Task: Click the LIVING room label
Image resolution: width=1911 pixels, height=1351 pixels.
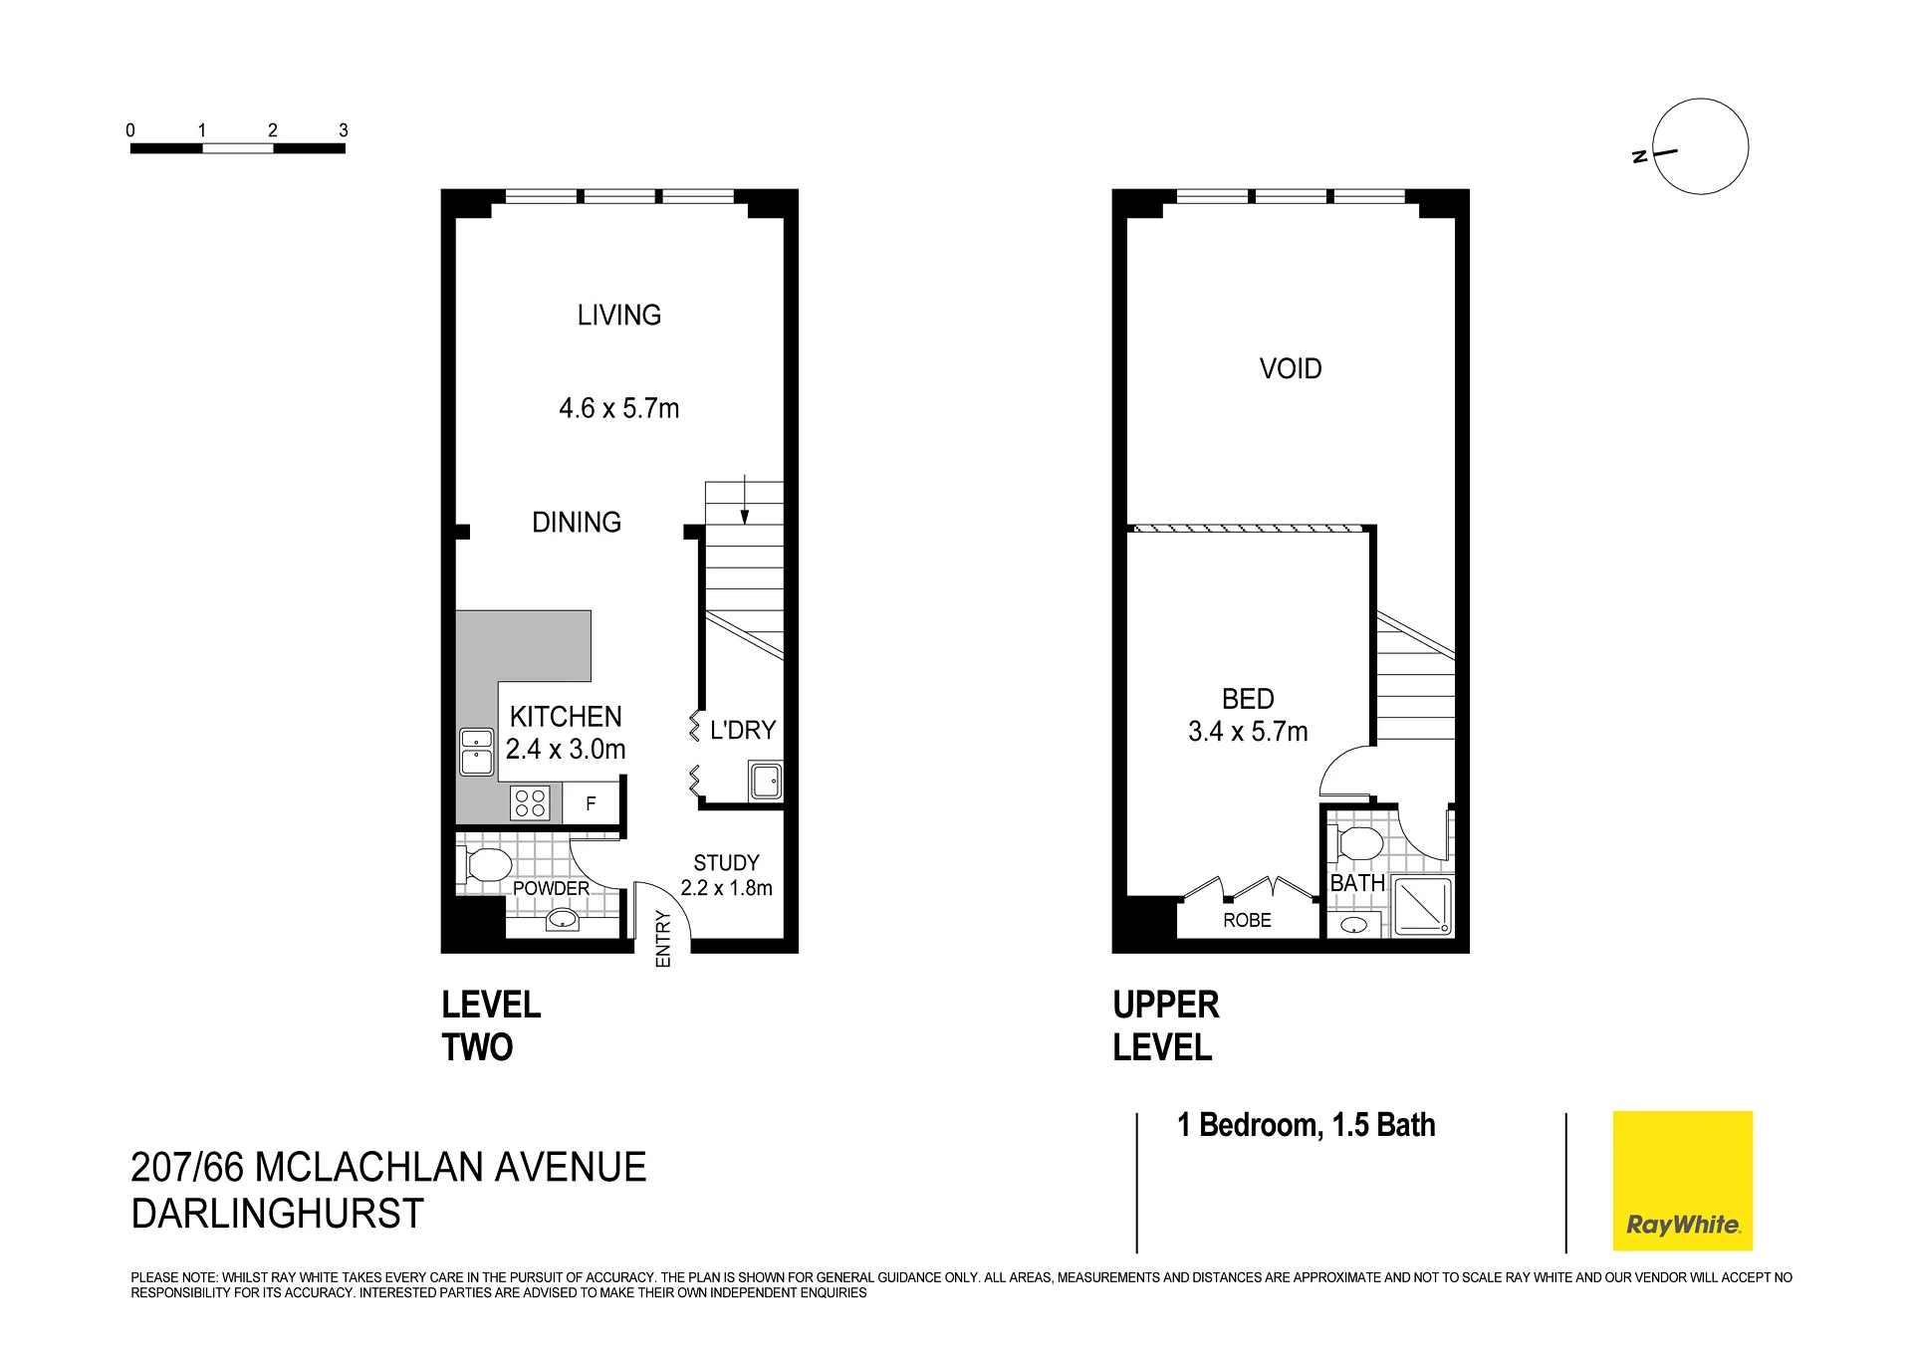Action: click(x=618, y=316)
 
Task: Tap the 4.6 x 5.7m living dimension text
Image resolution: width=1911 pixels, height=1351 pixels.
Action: click(x=618, y=408)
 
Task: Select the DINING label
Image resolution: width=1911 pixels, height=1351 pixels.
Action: click(x=577, y=522)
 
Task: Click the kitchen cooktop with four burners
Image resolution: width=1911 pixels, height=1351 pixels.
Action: click(x=530, y=802)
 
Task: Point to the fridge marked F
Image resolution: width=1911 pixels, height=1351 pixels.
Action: click(x=592, y=803)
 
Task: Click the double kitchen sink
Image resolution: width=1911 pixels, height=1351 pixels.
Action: click(x=476, y=752)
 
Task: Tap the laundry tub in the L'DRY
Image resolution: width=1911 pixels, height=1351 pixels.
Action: click(x=766, y=782)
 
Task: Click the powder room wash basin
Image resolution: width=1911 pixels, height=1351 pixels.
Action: click(x=564, y=920)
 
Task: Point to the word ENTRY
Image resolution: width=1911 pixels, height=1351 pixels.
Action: click(x=663, y=940)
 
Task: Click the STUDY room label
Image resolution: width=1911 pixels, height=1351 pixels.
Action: click(x=726, y=863)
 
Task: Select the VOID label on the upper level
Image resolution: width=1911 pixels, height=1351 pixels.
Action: click(x=1291, y=369)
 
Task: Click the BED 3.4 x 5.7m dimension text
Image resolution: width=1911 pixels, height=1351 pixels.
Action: click(x=1248, y=733)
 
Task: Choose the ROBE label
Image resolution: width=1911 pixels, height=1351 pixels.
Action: click(x=1247, y=921)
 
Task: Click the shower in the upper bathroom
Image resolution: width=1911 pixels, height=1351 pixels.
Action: click(x=1422, y=906)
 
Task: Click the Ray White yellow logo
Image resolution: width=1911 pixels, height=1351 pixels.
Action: click(x=1682, y=1181)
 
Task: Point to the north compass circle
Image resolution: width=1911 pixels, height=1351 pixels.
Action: click(x=1700, y=146)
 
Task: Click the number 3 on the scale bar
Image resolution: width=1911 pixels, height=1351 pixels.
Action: click(x=344, y=130)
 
